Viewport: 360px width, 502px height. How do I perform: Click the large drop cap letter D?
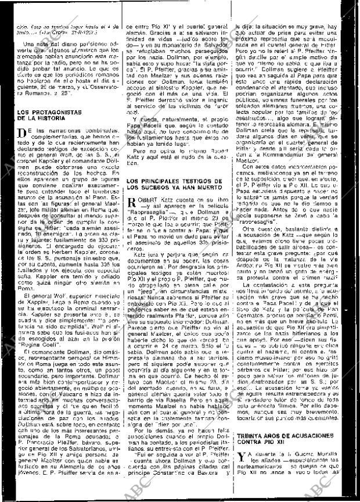click(x=22, y=135)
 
